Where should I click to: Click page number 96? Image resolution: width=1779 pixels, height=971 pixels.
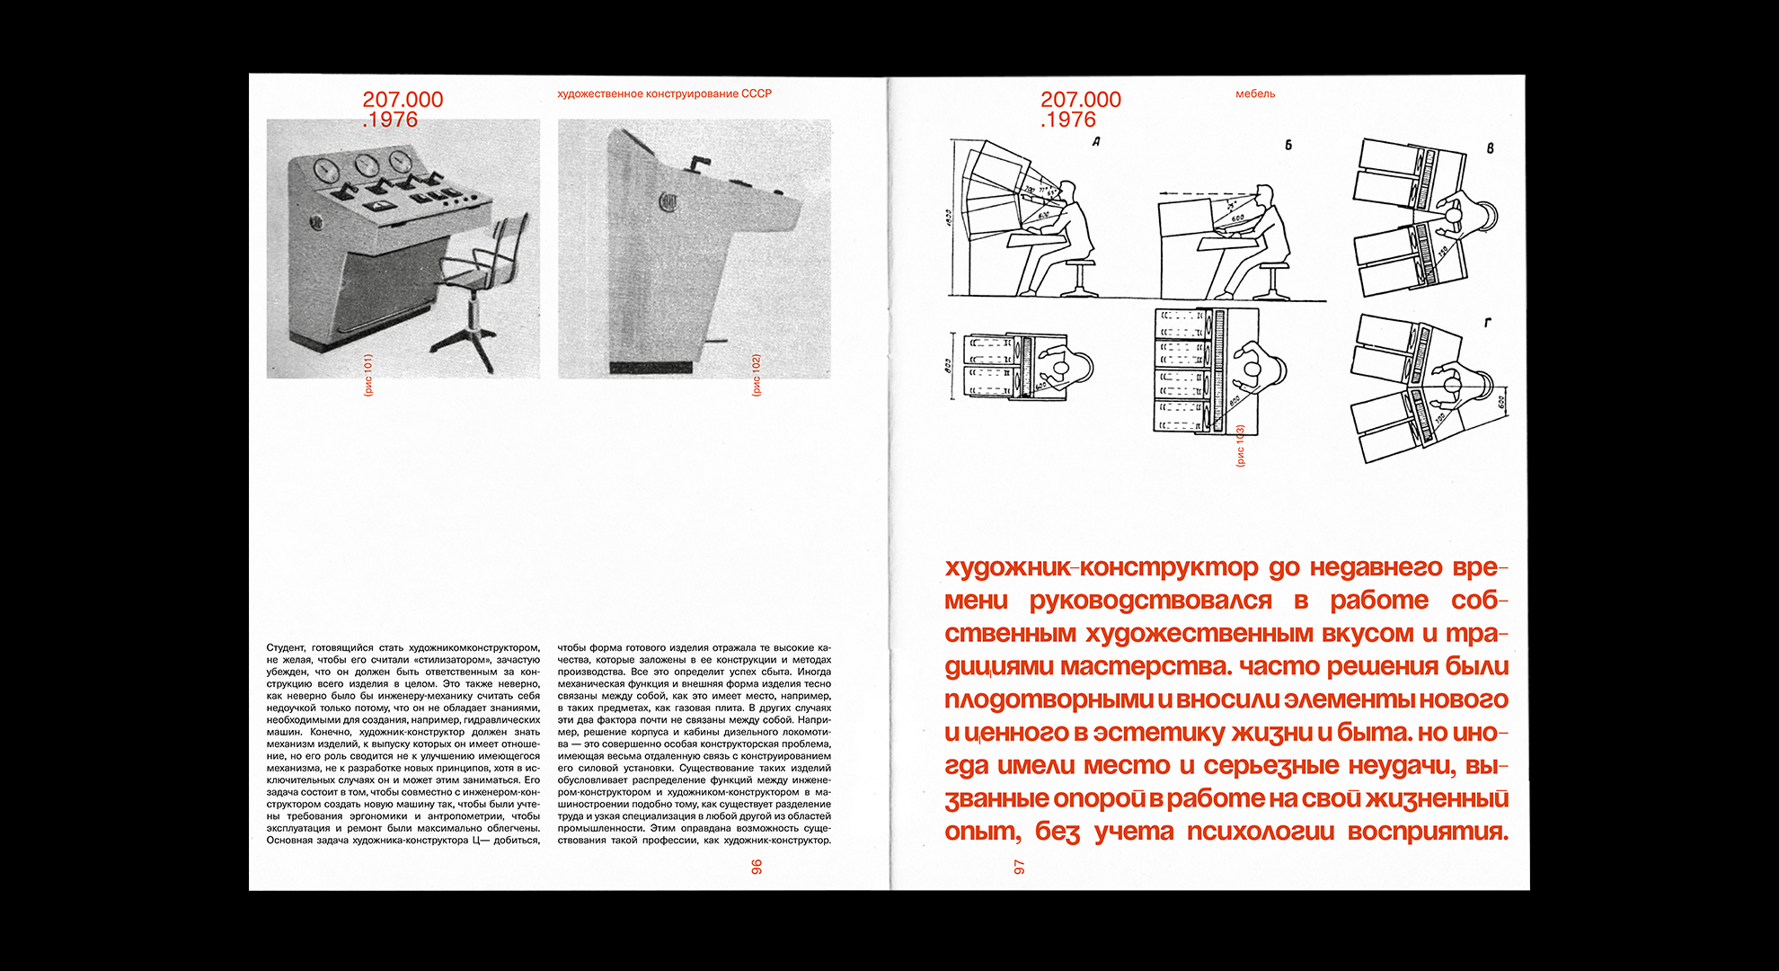click(757, 867)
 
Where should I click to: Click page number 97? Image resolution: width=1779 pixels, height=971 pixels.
click(1019, 867)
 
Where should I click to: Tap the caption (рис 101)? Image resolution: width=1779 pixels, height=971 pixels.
click(367, 375)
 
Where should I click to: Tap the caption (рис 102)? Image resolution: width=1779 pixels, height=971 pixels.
click(756, 375)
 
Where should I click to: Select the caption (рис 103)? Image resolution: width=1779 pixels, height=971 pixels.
click(1241, 445)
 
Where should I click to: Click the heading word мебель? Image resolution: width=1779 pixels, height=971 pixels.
click(1255, 94)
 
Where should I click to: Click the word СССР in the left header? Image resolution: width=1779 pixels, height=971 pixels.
click(757, 94)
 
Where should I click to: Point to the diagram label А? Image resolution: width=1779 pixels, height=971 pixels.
click(1095, 141)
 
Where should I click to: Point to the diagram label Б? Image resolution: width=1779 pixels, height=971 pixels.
click(1288, 145)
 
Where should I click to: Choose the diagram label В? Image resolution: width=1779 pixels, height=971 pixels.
click(1491, 148)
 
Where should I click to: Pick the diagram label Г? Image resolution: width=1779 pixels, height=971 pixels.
click(1489, 322)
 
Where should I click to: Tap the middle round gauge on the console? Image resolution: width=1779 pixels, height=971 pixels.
click(366, 165)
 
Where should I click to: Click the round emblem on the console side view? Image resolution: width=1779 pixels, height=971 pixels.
click(668, 201)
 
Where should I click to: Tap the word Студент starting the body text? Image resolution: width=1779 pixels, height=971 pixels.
click(287, 647)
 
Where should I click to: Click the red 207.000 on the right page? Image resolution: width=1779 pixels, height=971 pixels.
click(1080, 100)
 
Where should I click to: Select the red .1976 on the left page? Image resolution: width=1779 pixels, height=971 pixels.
click(390, 120)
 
